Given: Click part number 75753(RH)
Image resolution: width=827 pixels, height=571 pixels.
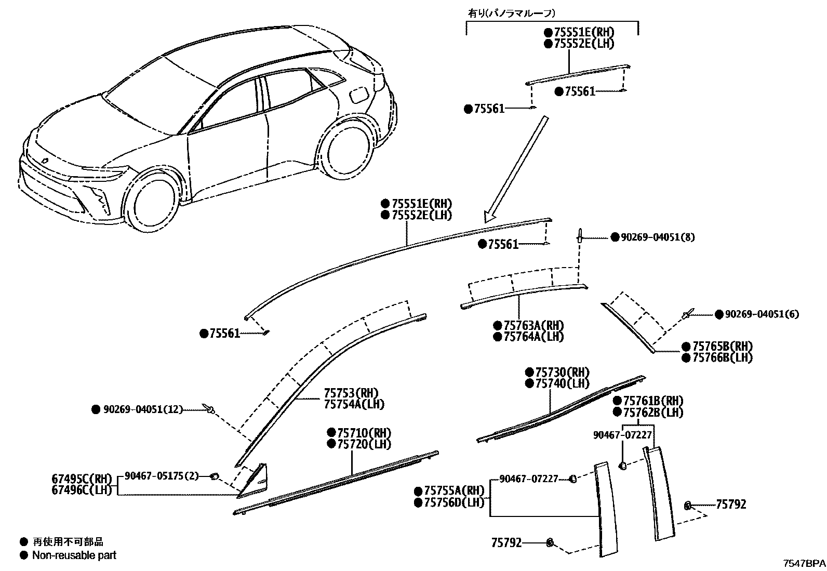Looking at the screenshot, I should (x=351, y=393).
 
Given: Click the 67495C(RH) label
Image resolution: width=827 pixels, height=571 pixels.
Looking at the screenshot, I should (x=82, y=479).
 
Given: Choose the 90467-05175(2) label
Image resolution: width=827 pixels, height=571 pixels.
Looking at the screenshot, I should (x=162, y=476).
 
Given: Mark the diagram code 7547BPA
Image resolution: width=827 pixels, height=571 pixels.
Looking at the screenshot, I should (x=804, y=563).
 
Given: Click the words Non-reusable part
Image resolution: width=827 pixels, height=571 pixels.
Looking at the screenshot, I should (x=74, y=555).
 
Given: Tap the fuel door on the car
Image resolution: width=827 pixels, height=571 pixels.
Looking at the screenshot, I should (x=359, y=95).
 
